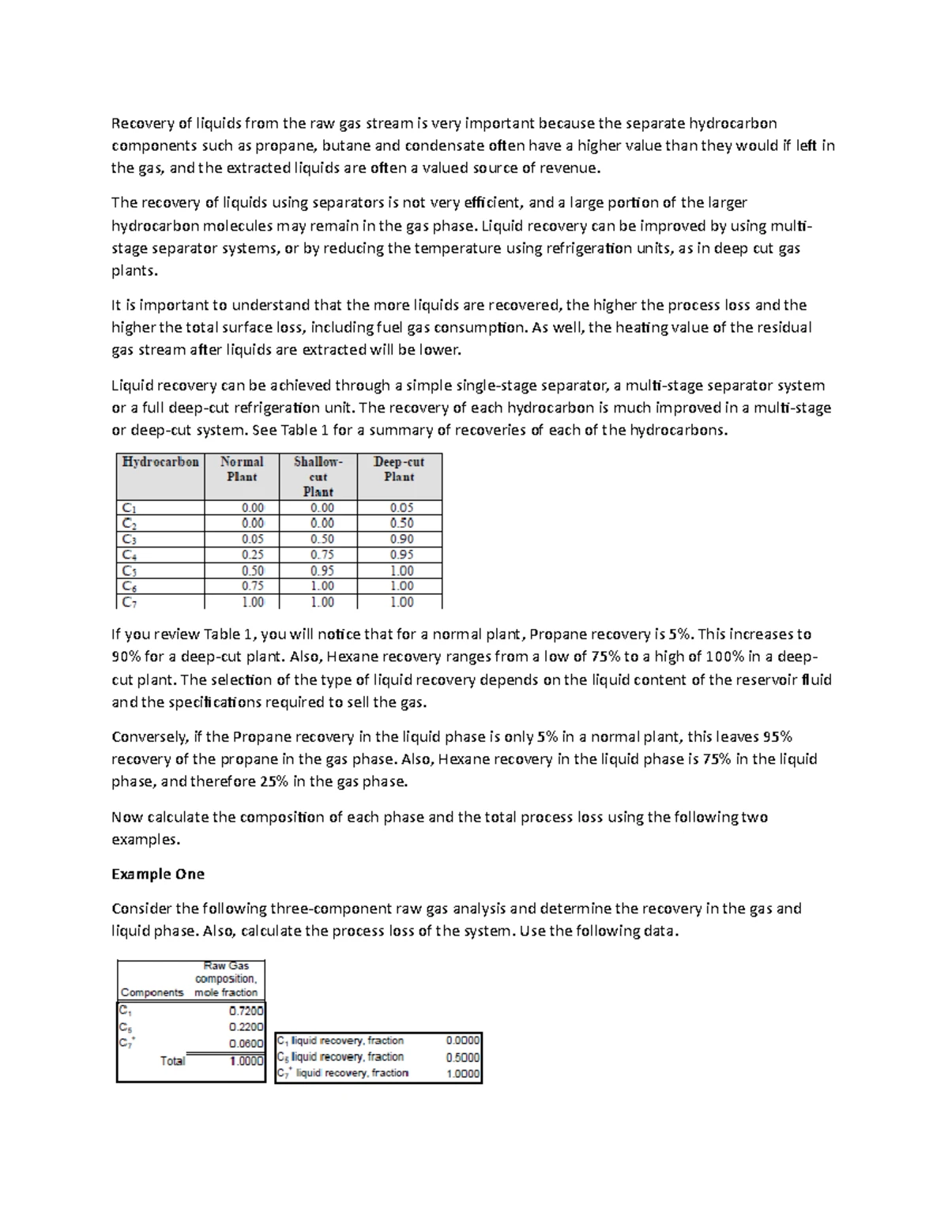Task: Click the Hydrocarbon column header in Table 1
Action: [160, 462]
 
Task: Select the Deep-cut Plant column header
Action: [399, 469]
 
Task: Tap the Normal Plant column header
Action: [242, 469]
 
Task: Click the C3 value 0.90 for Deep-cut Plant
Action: [401, 539]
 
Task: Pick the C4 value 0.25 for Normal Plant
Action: [252, 555]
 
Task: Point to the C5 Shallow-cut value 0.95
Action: [322, 570]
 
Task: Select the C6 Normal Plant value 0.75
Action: [252, 586]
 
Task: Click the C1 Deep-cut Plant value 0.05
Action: [401, 508]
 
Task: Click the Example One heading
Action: [158, 874]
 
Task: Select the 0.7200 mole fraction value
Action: [246, 1011]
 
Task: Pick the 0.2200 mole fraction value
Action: [246, 1027]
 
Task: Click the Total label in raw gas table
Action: [172, 1061]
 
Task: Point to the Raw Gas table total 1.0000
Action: [246, 1061]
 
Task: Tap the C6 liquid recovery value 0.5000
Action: [463, 1057]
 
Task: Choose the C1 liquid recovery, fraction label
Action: [340, 1041]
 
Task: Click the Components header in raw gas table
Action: [152, 992]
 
